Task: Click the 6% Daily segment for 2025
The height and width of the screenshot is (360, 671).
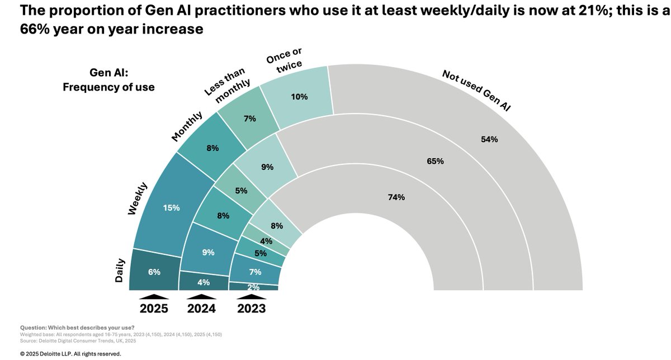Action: click(x=154, y=272)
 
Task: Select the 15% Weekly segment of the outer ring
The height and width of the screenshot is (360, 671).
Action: click(x=171, y=207)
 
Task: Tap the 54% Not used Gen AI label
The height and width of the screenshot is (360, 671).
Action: click(x=489, y=139)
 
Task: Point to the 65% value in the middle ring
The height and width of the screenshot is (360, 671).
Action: click(x=435, y=162)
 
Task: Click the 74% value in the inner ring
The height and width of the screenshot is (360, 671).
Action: click(x=396, y=197)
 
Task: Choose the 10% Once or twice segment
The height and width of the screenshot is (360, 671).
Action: click(x=299, y=97)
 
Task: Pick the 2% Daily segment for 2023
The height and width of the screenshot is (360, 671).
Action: click(x=254, y=286)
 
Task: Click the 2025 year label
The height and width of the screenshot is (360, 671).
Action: click(x=154, y=308)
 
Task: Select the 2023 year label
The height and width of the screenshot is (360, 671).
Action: click(x=251, y=308)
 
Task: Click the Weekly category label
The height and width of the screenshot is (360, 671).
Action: click(x=137, y=198)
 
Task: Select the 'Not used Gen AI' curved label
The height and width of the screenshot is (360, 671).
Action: click(x=477, y=89)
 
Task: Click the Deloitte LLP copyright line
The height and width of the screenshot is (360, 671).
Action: click(x=70, y=353)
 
